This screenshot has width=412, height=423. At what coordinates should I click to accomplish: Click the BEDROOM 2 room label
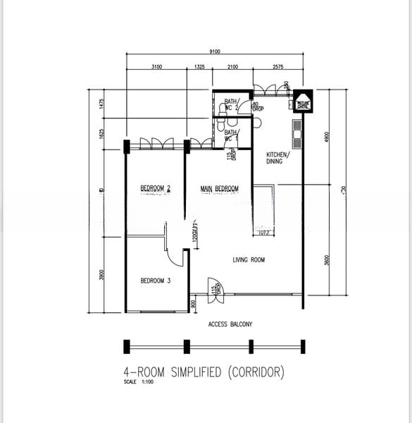tap(156, 188)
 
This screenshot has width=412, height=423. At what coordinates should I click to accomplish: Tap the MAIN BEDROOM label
tap(219, 188)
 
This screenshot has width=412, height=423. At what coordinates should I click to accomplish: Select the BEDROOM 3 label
tap(156, 281)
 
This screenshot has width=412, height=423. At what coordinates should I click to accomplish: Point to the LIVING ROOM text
tap(249, 260)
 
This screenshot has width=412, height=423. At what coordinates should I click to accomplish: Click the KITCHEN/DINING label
tap(275, 158)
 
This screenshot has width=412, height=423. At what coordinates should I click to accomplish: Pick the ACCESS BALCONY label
tap(230, 324)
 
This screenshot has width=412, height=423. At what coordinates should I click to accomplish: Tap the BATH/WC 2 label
tap(232, 104)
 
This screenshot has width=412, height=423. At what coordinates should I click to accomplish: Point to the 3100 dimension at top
tap(156, 67)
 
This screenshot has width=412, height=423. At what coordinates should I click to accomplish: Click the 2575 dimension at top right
tap(277, 67)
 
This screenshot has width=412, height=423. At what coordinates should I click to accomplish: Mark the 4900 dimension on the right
tap(326, 138)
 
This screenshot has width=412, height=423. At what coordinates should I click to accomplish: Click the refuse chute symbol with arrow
tap(303, 103)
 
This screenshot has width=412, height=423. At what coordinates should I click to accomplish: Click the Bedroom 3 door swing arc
tap(176, 257)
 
